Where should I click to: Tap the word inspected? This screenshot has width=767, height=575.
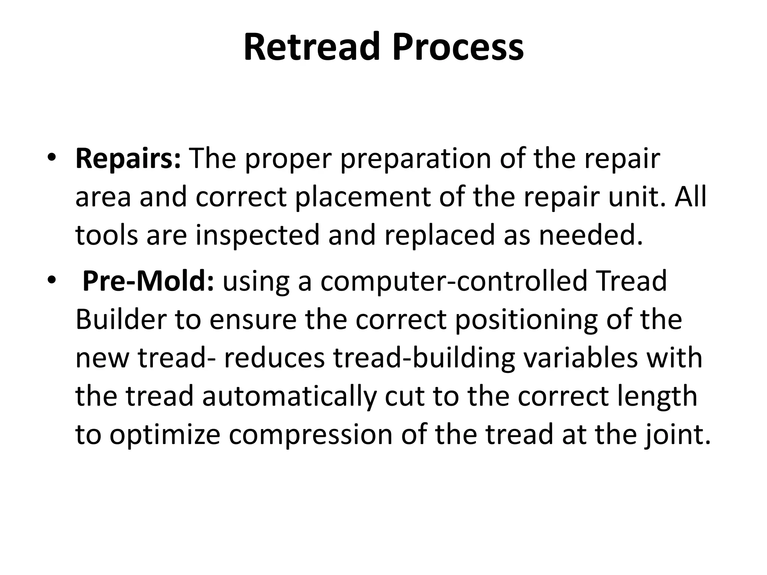(258, 235)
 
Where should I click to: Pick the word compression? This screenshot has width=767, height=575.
(310, 435)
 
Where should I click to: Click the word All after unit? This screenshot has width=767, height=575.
(690, 197)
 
